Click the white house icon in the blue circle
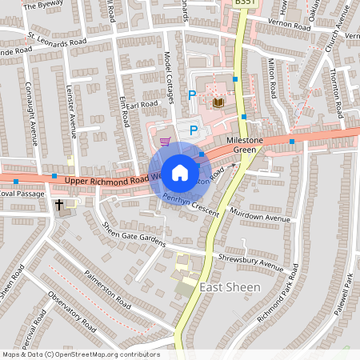click(180, 172)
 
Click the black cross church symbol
click(59, 206)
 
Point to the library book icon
click(218, 102)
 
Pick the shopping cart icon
click(166, 142)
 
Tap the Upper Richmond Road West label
click(112, 181)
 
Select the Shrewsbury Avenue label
click(250, 262)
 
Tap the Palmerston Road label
click(107, 290)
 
